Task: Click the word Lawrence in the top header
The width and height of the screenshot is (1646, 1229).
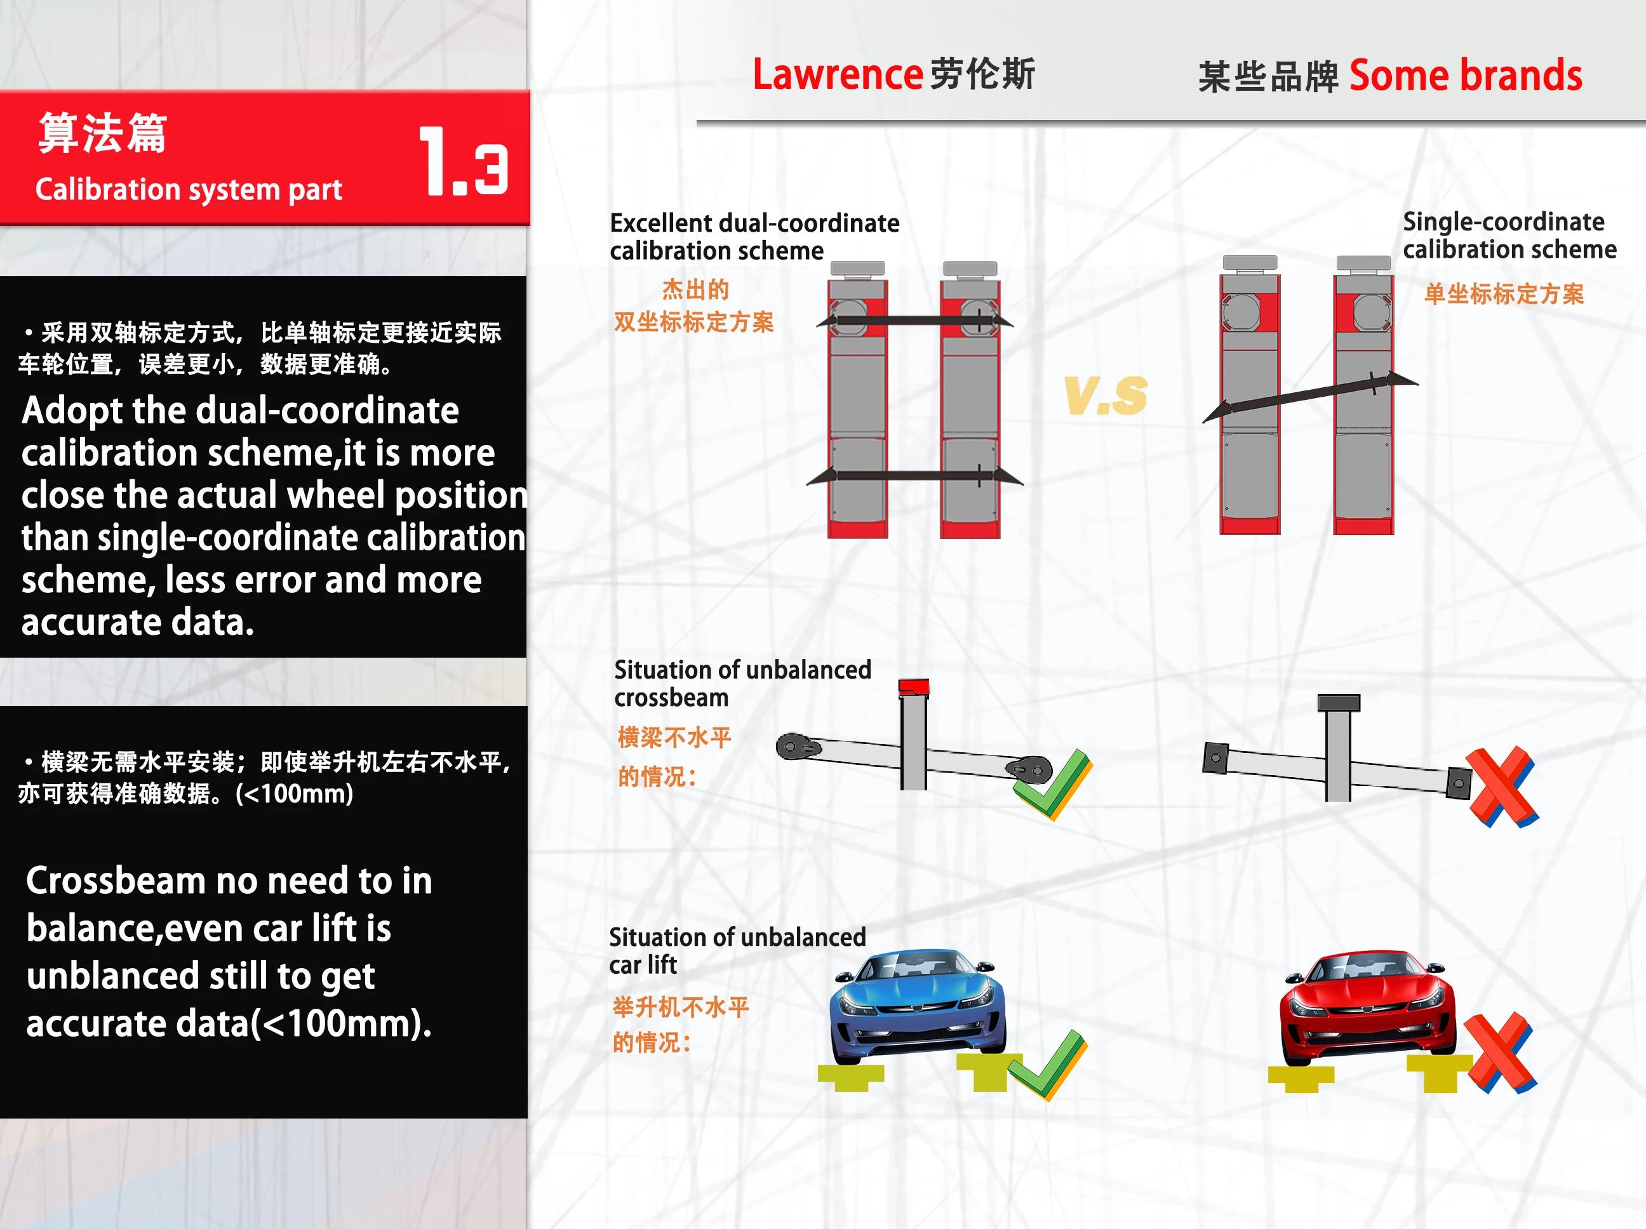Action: [x=837, y=74]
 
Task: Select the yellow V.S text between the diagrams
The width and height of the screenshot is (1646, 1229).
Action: [x=1106, y=395]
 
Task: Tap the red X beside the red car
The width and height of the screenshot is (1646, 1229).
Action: [x=1499, y=1053]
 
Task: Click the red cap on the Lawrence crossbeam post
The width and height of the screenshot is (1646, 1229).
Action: [x=913, y=686]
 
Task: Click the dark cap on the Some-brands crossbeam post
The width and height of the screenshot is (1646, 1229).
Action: [x=1338, y=702]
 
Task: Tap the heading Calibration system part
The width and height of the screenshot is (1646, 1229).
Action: [x=189, y=190]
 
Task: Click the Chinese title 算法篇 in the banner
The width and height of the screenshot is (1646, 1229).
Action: [x=103, y=133]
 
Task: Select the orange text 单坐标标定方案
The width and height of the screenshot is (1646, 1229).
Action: [x=1503, y=294]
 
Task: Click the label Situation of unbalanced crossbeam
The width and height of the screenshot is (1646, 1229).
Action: [x=742, y=683]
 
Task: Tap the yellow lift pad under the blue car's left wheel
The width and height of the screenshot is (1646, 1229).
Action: [x=850, y=1076]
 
